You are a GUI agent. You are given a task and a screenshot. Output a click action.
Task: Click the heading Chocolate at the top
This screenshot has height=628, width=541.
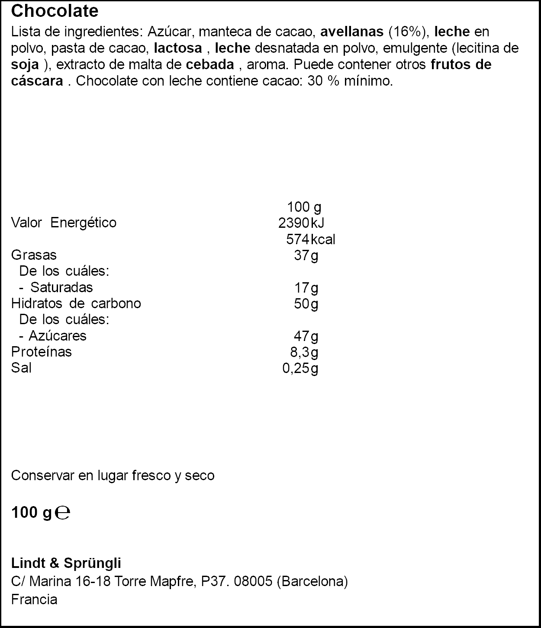pyautogui.click(x=55, y=11)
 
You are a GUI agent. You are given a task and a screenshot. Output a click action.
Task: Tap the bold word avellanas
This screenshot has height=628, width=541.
pyautogui.click(x=352, y=32)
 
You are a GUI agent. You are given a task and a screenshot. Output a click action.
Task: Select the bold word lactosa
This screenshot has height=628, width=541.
pyautogui.click(x=178, y=48)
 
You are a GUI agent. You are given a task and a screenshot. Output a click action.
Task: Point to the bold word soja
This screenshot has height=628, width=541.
pyautogui.click(x=25, y=64)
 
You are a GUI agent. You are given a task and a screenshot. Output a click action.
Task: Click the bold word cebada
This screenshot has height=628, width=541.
pyautogui.click(x=210, y=64)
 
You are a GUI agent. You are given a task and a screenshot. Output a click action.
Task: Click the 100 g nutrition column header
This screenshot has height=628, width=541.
pyautogui.click(x=304, y=207)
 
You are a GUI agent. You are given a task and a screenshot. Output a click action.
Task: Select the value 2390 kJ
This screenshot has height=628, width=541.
pyautogui.click(x=301, y=223)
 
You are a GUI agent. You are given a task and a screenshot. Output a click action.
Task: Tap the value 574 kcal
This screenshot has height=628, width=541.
pyautogui.click(x=310, y=239)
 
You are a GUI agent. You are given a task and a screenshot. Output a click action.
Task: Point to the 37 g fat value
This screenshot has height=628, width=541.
pyautogui.click(x=306, y=255)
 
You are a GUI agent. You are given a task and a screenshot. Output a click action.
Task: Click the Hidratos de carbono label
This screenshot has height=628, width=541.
pyautogui.click(x=76, y=303)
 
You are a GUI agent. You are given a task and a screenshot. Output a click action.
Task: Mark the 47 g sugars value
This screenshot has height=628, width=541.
pyautogui.click(x=306, y=336)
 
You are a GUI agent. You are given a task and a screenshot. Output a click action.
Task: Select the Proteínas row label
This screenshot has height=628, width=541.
pyautogui.click(x=41, y=352)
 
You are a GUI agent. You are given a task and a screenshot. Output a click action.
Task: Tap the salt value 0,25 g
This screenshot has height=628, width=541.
pyautogui.click(x=300, y=368)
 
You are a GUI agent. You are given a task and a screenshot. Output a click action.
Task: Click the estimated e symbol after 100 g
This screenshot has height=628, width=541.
pyautogui.click(x=63, y=513)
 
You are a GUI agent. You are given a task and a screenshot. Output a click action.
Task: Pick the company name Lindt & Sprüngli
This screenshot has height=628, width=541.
pyautogui.click(x=66, y=563)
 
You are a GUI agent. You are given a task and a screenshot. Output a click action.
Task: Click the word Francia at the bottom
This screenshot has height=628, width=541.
pyautogui.click(x=34, y=599)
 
